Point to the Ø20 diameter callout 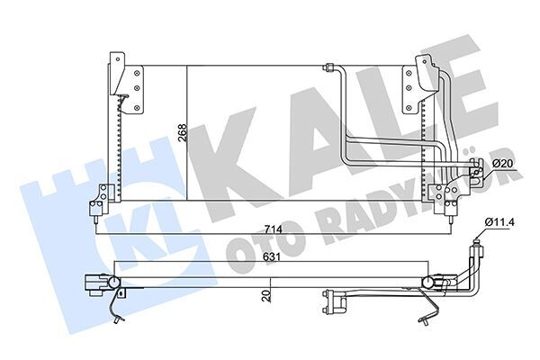coord(503,162)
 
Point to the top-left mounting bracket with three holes coord(127,85)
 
